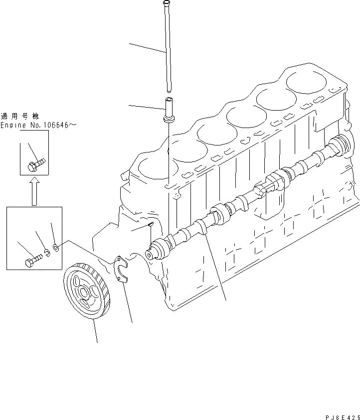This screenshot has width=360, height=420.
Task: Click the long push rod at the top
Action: [168, 50]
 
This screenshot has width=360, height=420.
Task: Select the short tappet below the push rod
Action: [169, 107]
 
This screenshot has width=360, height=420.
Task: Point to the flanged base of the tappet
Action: [169, 119]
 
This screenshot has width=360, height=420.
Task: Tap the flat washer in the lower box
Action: [56, 246]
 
